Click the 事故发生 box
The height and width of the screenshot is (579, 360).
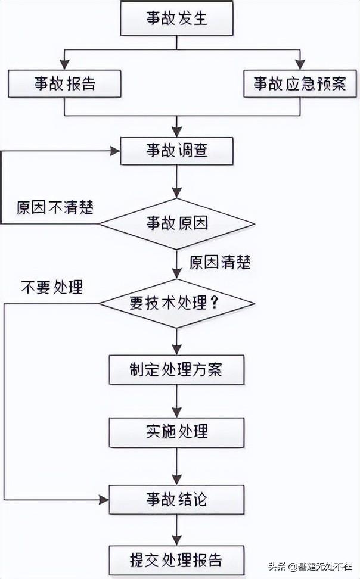[x=176, y=18]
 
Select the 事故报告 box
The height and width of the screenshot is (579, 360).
[x=64, y=83]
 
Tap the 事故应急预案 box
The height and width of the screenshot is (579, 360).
[x=300, y=83]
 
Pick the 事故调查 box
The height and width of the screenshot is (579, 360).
[x=176, y=151]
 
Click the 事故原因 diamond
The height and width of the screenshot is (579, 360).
[x=176, y=223]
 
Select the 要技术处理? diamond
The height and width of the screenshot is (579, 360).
[x=176, y=303]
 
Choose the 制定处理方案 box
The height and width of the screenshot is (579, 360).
[x=176, y=369]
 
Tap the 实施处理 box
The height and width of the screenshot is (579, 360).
[x=176, y=432]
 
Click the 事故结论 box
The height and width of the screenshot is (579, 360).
[x=176, y=499]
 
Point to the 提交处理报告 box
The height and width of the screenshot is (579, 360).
[x=176, y=560]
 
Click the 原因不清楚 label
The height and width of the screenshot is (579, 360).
[x=55, y=208]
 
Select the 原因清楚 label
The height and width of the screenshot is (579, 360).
[x=220, y=263]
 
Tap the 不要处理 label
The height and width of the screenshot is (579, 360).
[x=52, y=288]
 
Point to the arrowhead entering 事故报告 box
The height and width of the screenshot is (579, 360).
[x=64, y=65]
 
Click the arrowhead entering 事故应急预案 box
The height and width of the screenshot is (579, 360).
[x=300, y=65]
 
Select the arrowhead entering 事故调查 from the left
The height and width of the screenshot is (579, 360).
[x=115, y=151]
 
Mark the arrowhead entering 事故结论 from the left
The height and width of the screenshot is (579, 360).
[x=104, y=499]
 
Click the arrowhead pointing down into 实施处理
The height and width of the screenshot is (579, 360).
[x=176, y=412]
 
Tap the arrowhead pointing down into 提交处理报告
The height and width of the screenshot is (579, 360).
[x=176, y=540]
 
